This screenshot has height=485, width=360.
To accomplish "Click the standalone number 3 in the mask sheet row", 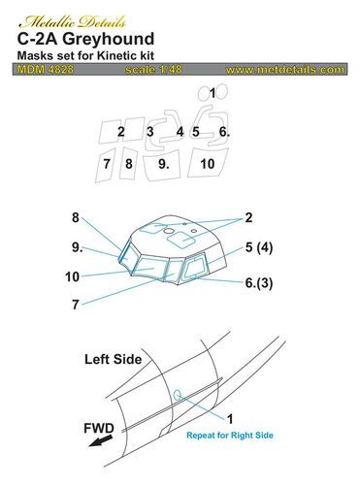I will point(178,131).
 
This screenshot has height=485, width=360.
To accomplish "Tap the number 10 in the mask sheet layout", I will point(234,165).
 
